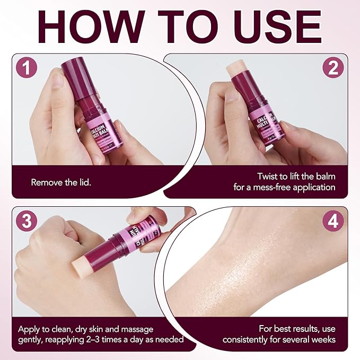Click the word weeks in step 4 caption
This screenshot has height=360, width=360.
point(324,339)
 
